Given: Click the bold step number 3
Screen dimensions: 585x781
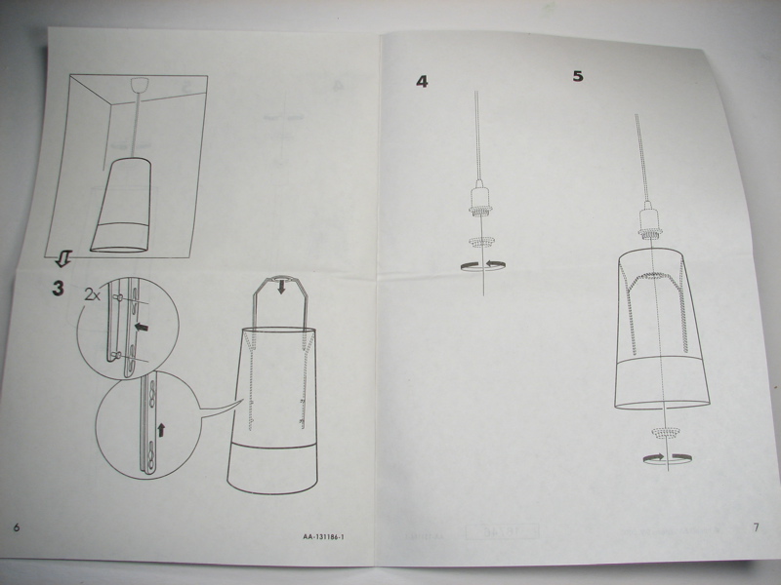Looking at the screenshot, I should point(58,289).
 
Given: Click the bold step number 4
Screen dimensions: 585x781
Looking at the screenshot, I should point(422,81).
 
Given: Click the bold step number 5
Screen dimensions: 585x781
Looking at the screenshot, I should point(578,76).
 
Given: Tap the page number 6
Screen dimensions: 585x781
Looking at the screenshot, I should point(16,527).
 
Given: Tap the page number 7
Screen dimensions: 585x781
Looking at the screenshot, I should point(755,527).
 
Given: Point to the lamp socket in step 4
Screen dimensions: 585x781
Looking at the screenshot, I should point(477,199).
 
